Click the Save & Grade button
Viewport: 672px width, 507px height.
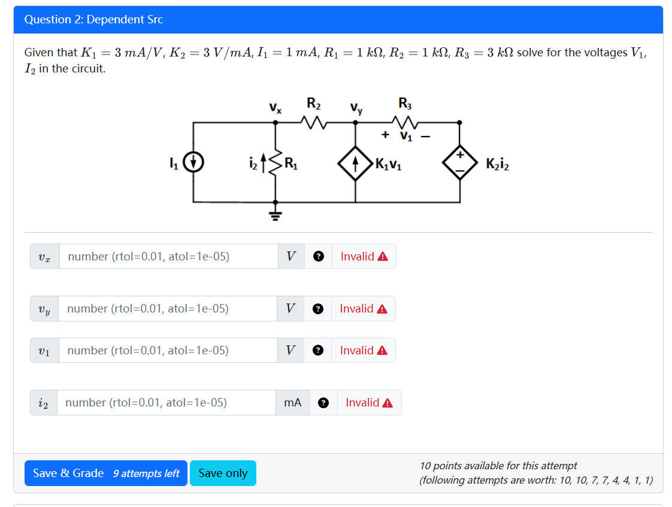pyautogui.click(x=105, y=473)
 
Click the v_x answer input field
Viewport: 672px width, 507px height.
pyautogui.click(x=168, y=256)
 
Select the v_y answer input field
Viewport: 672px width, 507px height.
pyautogui.click(x=168, y=308)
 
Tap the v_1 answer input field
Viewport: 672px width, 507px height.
pyautogui.click(x=168, y=350)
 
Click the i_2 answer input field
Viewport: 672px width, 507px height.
pyautogui.click(x=166, y=402)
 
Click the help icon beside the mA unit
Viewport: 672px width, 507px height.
pyautogui.click(x=323, y=403)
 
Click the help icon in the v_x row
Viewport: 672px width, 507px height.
pyautogui.click(x=319, y=257)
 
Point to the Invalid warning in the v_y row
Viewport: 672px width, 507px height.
pyautogui.click(x=364, y=309)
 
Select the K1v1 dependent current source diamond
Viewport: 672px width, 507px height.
pyautogui.click(x=355, y=162)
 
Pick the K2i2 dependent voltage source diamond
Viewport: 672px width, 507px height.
pyautogui.click(x=459, y=162)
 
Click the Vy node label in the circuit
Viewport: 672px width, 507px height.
pyautogui.click(x=356, y=109)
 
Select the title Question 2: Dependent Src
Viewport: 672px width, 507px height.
pyautogui.click(x=94, y=19)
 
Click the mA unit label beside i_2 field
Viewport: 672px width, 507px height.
pyautogui.click(x=293, y=403)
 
